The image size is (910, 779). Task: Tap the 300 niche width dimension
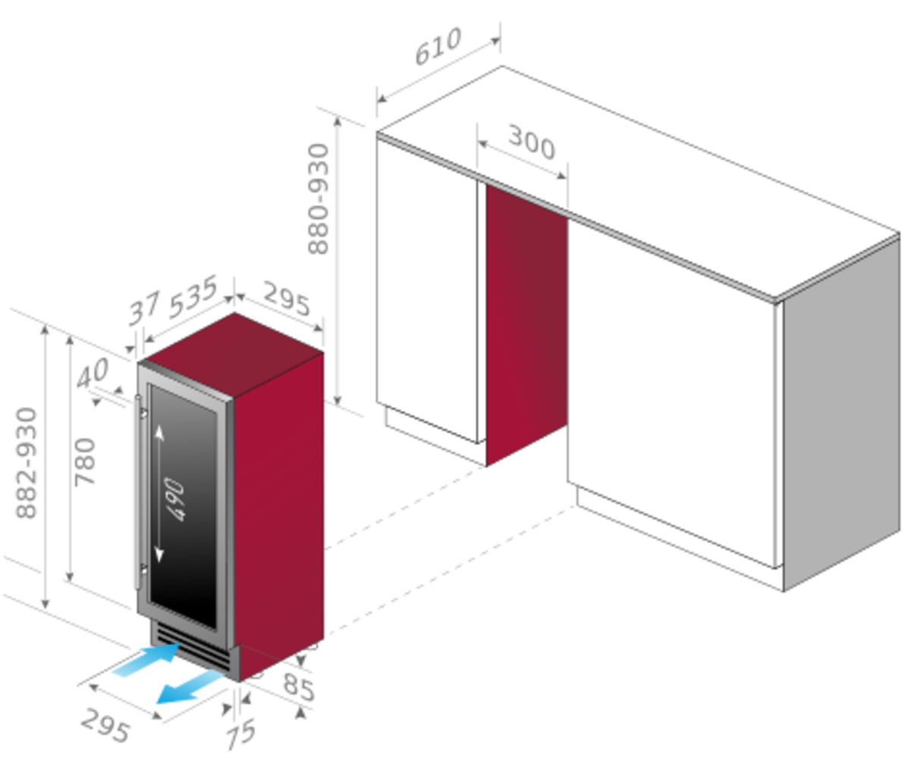pos(532,142)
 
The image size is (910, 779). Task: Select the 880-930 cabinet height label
pos(318,199)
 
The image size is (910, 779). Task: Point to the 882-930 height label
pos(27,464)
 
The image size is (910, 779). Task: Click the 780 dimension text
pos(84,462)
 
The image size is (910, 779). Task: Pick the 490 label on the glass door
pos(174,499)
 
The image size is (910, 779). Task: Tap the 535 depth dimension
pos(193,296)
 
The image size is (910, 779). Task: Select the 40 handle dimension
pos(93,373)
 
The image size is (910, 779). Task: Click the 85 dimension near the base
pos(299,687)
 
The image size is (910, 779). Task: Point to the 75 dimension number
pos(240,734)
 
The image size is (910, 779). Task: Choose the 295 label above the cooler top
pos(287,299)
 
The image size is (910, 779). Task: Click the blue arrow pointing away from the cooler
pos(190,687)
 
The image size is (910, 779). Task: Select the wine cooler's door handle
pos(138,492)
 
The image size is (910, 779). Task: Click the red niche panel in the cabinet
pos(526,326)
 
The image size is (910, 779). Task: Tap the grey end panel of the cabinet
pos(842,414)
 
